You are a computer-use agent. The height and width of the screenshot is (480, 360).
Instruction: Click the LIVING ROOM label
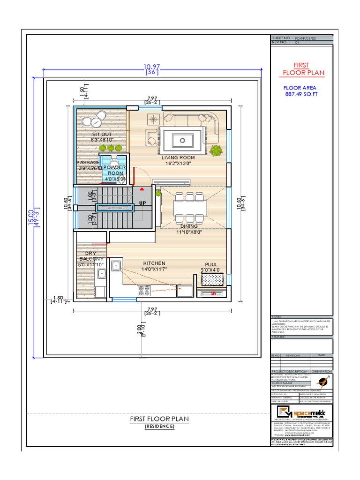pyautogui.click(x=178, y=158)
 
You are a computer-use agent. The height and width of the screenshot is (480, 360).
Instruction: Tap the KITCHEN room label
pyautogui.click(x=154, y=263)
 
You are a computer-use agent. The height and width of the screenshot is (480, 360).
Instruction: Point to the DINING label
pyautogui.click(x=187, y=226)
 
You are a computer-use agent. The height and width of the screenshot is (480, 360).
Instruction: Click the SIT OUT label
pyautogui.click(x=102, y=134)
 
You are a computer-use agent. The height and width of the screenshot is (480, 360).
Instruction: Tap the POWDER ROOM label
pyautogui.click(x=114, y=170)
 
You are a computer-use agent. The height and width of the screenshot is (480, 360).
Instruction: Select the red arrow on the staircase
pyautogui.click(x=141, y=188)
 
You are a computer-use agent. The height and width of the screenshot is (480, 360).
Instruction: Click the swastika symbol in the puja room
pyautogui.click(x=212, y=294)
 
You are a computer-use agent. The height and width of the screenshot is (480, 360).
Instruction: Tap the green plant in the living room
pyautogui.click(x=216, y=151)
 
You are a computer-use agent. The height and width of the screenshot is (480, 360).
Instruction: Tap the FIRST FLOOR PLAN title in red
pyautogui.click(x=302, y=69)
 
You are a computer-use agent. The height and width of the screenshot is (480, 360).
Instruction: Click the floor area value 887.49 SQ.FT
pyautogui.click(x=301, y=93)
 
